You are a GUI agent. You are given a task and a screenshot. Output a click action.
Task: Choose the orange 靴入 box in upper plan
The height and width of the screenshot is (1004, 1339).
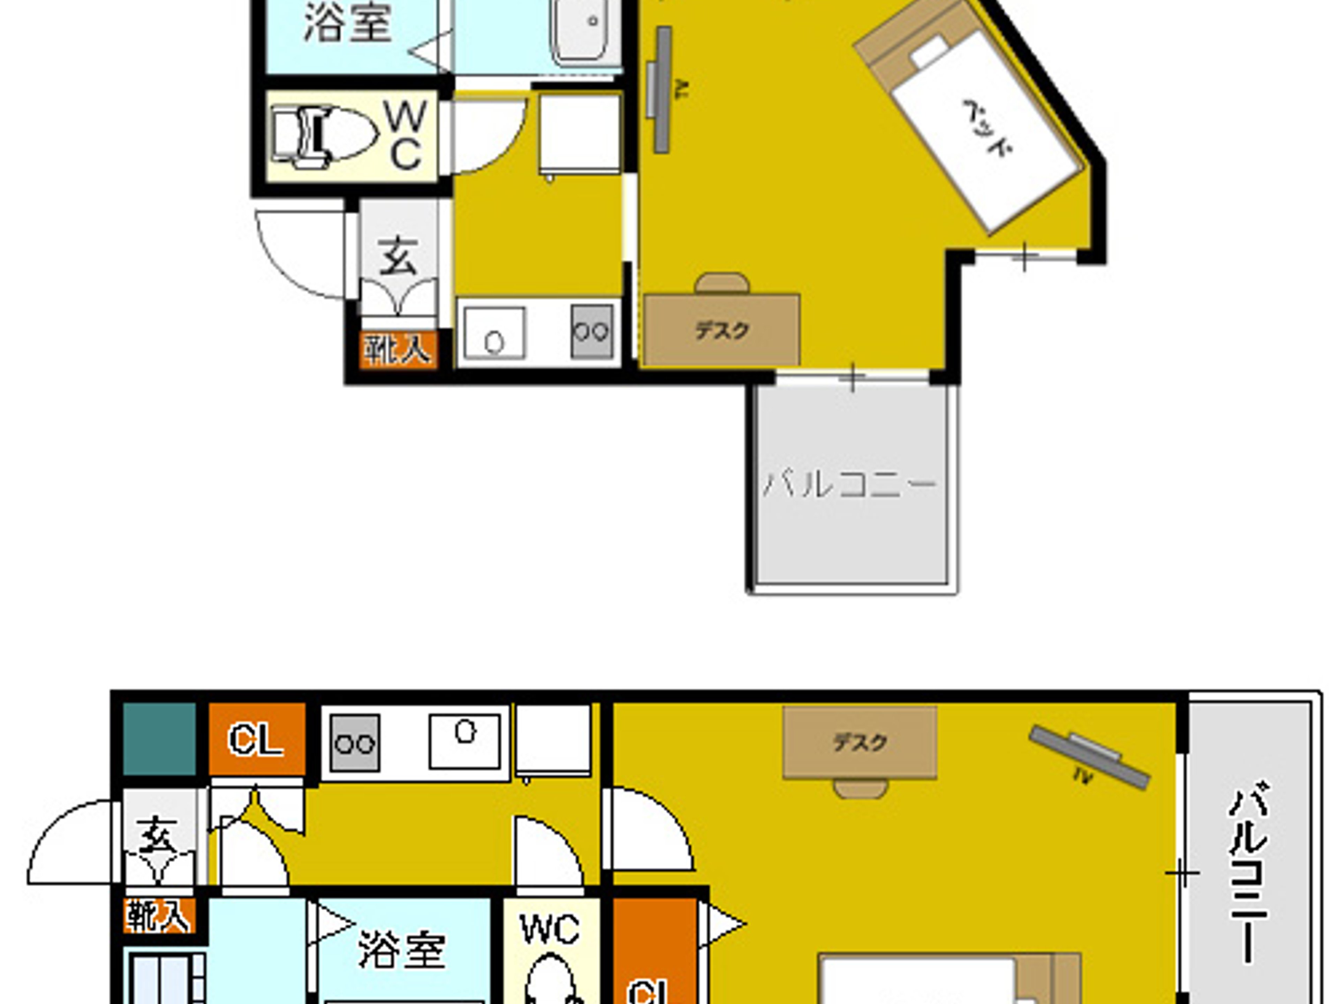398,350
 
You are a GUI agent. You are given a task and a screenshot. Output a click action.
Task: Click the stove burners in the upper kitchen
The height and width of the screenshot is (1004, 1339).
591,331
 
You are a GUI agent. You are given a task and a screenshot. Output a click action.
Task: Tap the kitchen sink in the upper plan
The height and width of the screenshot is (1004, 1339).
494,333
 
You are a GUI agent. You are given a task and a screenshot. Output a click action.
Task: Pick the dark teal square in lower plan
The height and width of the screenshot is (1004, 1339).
159,739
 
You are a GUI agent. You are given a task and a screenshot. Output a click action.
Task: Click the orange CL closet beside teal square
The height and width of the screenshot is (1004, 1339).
256,739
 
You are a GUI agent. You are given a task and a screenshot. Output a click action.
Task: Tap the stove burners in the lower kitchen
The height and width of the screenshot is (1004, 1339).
355,743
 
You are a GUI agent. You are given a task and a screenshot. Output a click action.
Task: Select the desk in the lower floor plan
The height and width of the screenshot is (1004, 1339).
860,742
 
